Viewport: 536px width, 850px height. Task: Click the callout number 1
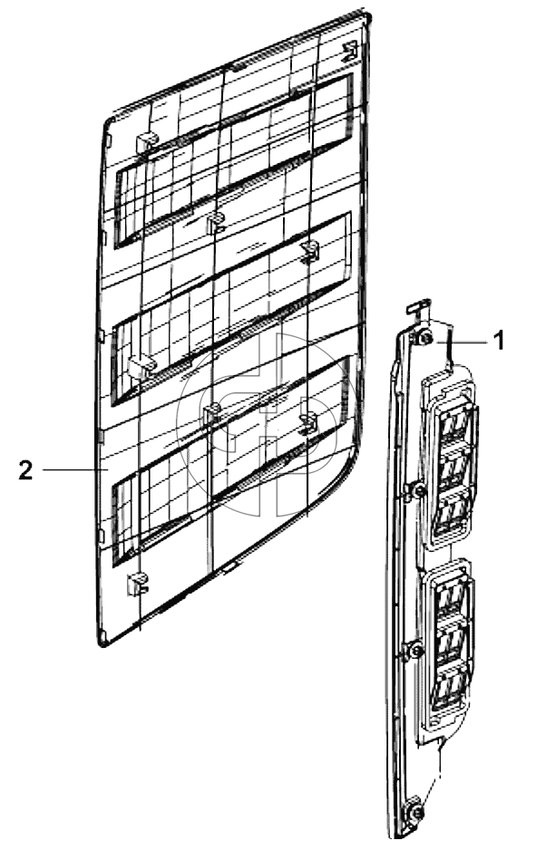(x=499, y=341)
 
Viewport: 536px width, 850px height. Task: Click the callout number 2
(x=25, y=469)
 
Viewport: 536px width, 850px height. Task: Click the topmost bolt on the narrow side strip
(x=424, y=338)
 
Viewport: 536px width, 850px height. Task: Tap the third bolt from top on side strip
(x=415, y=650)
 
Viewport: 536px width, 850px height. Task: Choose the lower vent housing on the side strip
(x=448, y=642)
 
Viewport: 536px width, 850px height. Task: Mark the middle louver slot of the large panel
(x=230, y=309)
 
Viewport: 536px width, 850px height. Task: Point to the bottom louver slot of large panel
(x=230, y=460)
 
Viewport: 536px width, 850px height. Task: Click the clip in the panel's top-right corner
(x=351, y=51)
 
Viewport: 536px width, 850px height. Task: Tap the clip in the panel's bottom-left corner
(x=137, y=584)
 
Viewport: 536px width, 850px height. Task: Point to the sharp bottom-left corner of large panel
(x=102, y=644)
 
